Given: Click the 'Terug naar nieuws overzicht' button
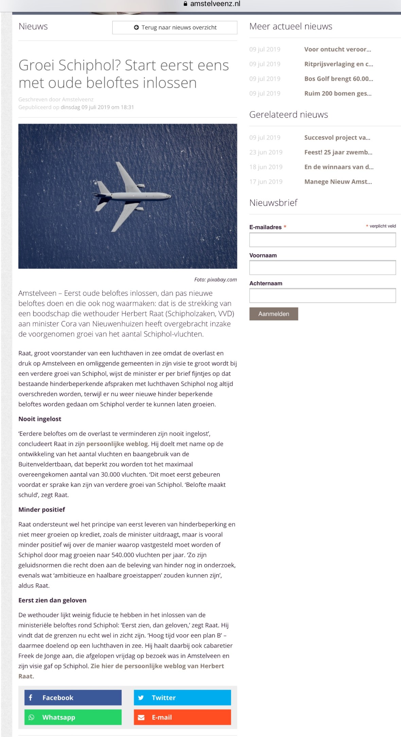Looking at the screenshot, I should (x=175, y=28).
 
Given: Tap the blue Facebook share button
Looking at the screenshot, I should (x=73, y=698).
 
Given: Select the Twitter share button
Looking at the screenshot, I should (x=182, y=698).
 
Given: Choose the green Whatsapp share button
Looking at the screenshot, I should (x=73, y=717).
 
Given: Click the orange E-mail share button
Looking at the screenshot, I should (x=182, y=717).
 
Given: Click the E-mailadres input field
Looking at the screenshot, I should (x=322, y=240).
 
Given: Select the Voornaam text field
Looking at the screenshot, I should (x=322, y=268).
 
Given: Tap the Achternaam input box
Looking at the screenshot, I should (x=322, y=295).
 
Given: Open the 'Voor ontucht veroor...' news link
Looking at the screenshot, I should (x=337, y=49).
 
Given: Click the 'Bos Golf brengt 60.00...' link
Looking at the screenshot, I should (x=338, y=79).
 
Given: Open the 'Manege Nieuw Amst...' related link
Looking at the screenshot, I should (x=338, y=182).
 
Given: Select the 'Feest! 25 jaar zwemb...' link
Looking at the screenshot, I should (x=338, y=152).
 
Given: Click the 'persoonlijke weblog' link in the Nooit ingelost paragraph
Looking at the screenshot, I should (x=117, y=444).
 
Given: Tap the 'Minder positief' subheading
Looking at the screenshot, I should (x=41, y=510).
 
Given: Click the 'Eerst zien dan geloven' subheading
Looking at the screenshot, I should (x=52, y=600).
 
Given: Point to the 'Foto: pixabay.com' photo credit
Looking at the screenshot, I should (x=215, y=280).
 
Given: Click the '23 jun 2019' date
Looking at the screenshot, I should (x=266, y=152).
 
